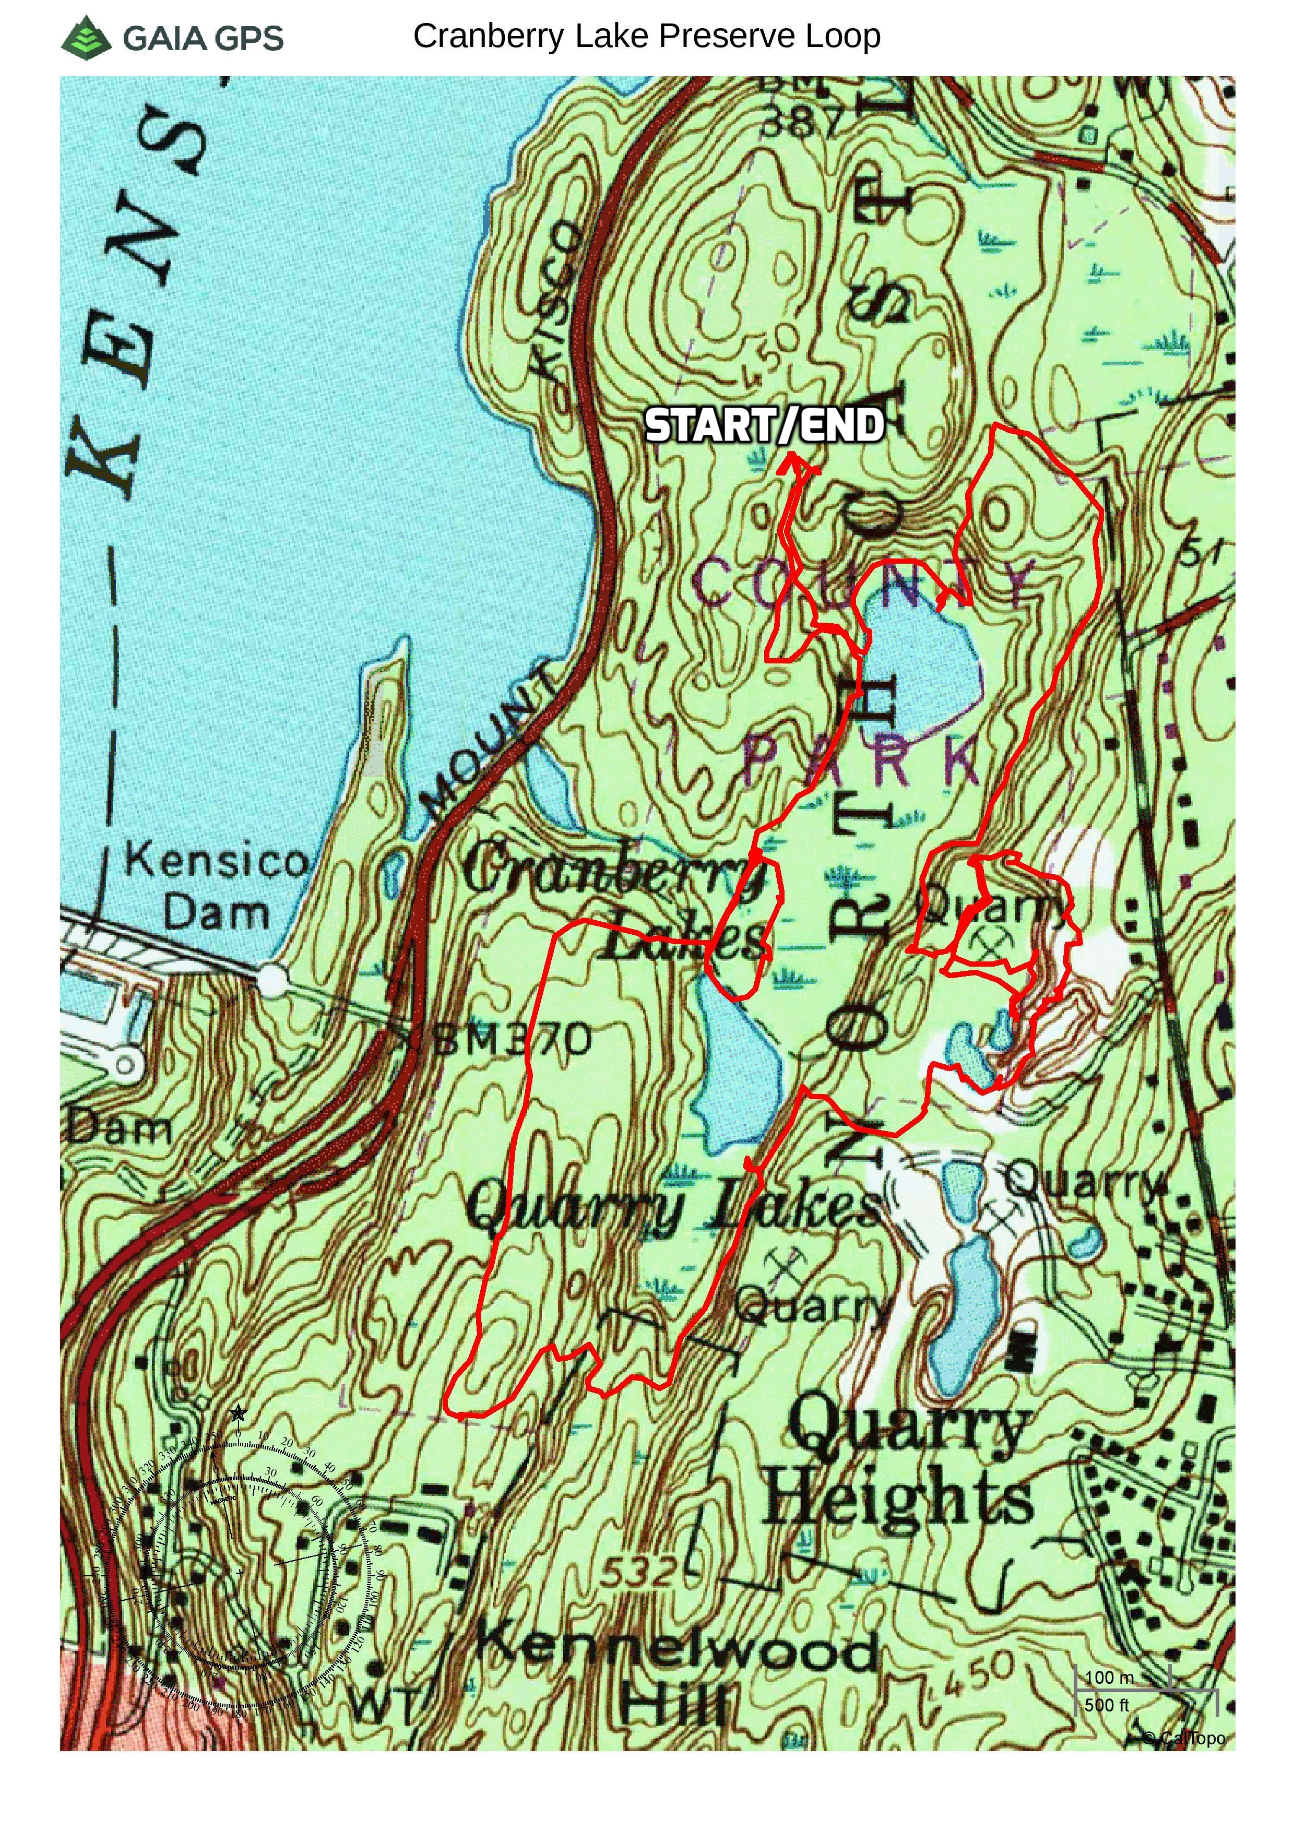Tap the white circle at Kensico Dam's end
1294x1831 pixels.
pos(271,979)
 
